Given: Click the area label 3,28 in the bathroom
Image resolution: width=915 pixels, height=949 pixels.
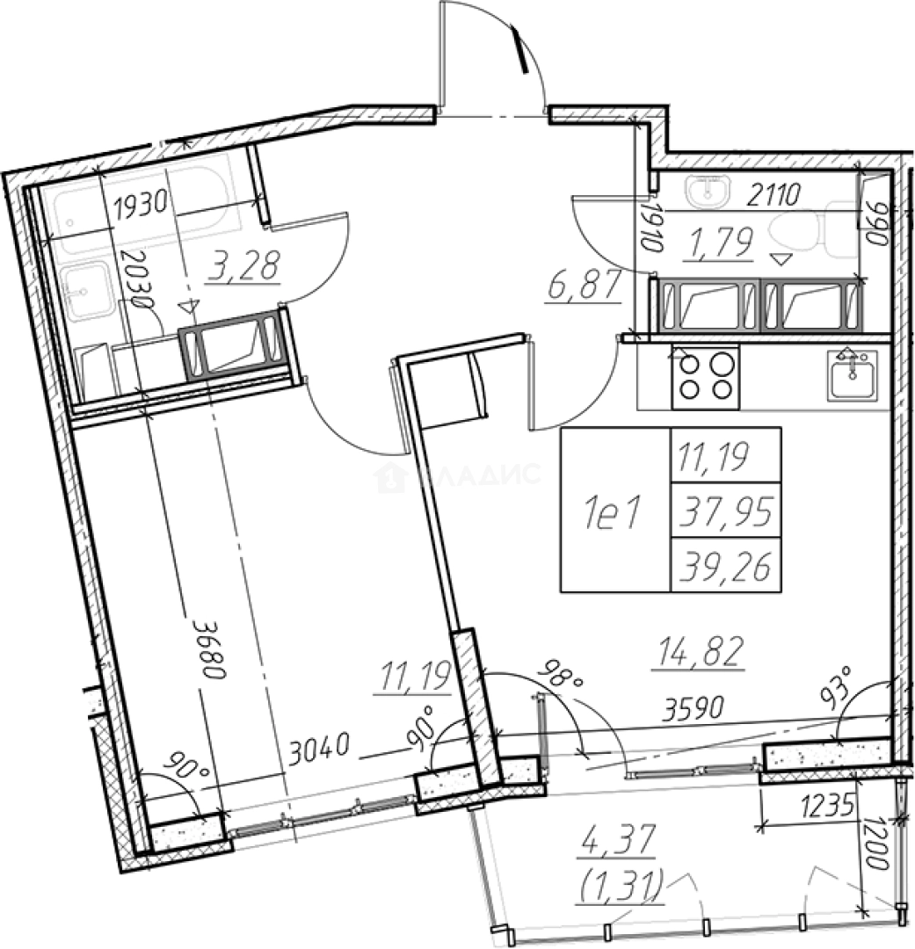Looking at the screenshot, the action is coord(243,265).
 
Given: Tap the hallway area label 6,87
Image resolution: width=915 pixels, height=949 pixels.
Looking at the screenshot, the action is coord(584,285).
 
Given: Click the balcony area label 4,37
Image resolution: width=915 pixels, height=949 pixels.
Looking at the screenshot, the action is coord(618,840).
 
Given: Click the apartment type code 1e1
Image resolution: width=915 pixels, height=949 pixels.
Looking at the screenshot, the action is coord(613,513).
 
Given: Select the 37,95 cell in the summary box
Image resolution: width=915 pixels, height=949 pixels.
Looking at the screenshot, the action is coord(725,511).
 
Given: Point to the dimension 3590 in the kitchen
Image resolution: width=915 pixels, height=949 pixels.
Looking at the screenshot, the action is coord(694,708).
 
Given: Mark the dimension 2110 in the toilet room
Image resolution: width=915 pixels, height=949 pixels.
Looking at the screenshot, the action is coord(773,195).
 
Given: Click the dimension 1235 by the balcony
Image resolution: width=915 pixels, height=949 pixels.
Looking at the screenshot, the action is coord(827,806).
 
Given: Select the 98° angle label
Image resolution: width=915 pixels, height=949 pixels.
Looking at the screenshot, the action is coord(563,676).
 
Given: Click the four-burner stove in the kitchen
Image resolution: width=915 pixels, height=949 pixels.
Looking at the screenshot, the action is coord(705,376).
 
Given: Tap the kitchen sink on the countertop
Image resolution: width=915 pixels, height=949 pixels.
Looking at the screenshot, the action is coord(852,374).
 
